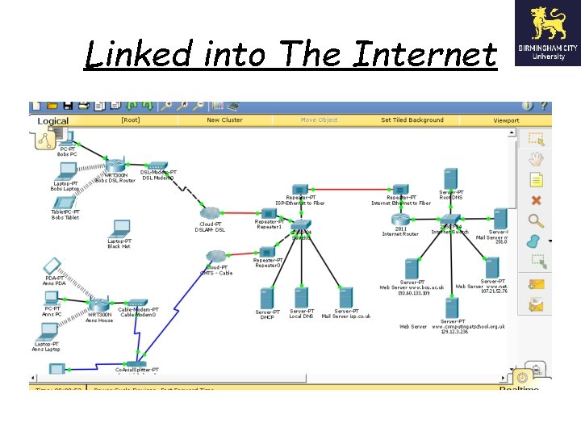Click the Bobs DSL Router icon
click(x=115, y=166)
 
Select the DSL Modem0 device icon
click(x=158, y=166)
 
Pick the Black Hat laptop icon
click(x=121, y=228)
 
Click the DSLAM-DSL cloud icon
click(x=212, y=212)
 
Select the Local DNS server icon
click(x=301, y=296)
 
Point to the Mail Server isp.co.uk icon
click(x=346, y=296)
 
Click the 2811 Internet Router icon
click(x=401, y=220)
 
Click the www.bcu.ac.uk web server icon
click(x=412, y=269)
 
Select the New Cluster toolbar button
click(x=224, y=120)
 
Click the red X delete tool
click(x=536, y=199)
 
